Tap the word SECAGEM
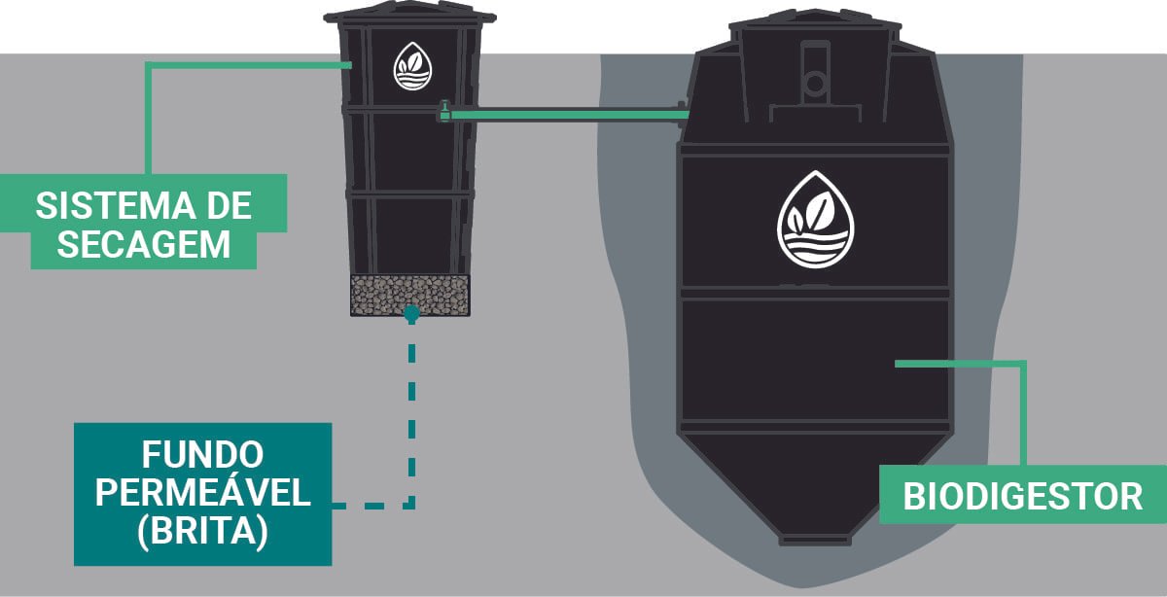coord(144,244)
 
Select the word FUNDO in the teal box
coord(202,455)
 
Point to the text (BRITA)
coord(202,531)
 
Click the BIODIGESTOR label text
coord(1023,497)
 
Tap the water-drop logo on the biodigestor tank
coord(815,220)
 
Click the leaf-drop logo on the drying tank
coord(412,66)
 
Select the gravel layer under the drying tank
coord(410,296)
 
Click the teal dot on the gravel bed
coord(411,313)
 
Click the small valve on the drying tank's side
coord(443,112)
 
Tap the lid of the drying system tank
coord(409,14)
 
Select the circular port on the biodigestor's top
coord(815,83)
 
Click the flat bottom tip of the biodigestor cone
coord(815,540)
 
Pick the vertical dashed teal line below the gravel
coord(411,411)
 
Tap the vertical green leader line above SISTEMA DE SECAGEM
coord(148,119)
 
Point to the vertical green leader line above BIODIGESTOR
coord(1023,414)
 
